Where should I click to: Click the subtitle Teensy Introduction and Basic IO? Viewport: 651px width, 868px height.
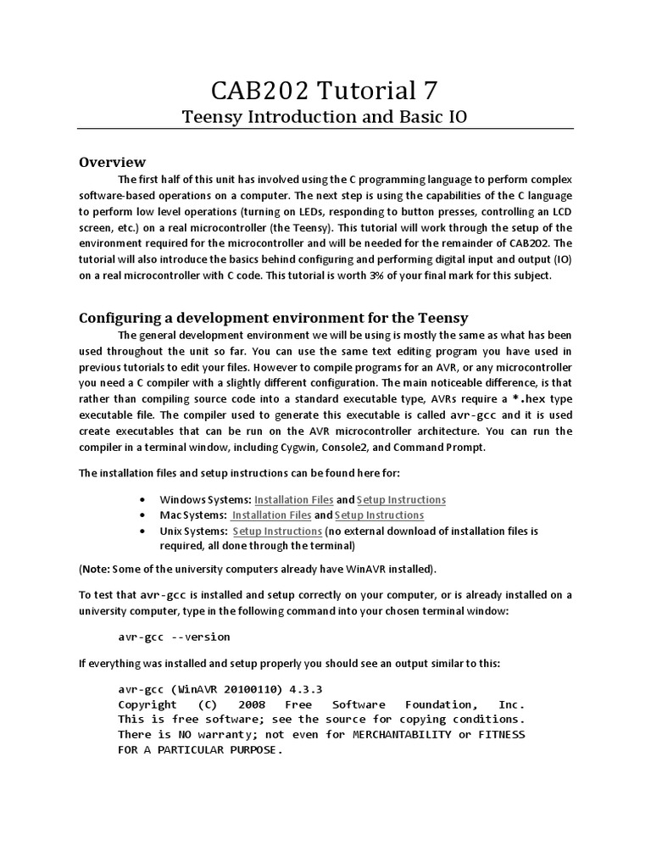(x=325, y=116)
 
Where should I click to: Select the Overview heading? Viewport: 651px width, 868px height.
(x=112, y=162)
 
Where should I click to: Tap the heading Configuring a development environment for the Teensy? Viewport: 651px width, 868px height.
(x=273, y=318)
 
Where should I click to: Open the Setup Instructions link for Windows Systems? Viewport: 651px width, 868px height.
(x=401, y=500)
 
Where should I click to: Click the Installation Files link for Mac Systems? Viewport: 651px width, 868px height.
(x=271, y=515)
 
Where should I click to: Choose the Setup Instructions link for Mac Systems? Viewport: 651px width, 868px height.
(x=379, y=515)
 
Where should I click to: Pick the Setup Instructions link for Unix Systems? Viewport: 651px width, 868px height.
(x=277, y=531)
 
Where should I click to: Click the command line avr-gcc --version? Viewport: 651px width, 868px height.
(x=174, y=637)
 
